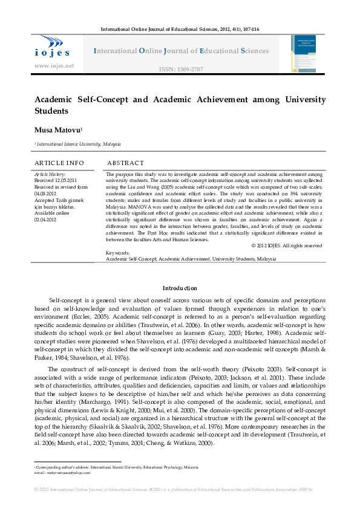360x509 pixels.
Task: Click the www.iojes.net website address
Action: coord(54,65)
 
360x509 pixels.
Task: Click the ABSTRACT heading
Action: coord(125,163)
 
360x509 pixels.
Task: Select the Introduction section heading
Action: coord(180,288)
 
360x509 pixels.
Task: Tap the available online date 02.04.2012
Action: coord(47,211)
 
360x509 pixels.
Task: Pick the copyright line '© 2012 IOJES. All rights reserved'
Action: coord(286,245)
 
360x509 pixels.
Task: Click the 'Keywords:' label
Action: coord(117,252)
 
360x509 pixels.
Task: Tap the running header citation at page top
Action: coord(180,29)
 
